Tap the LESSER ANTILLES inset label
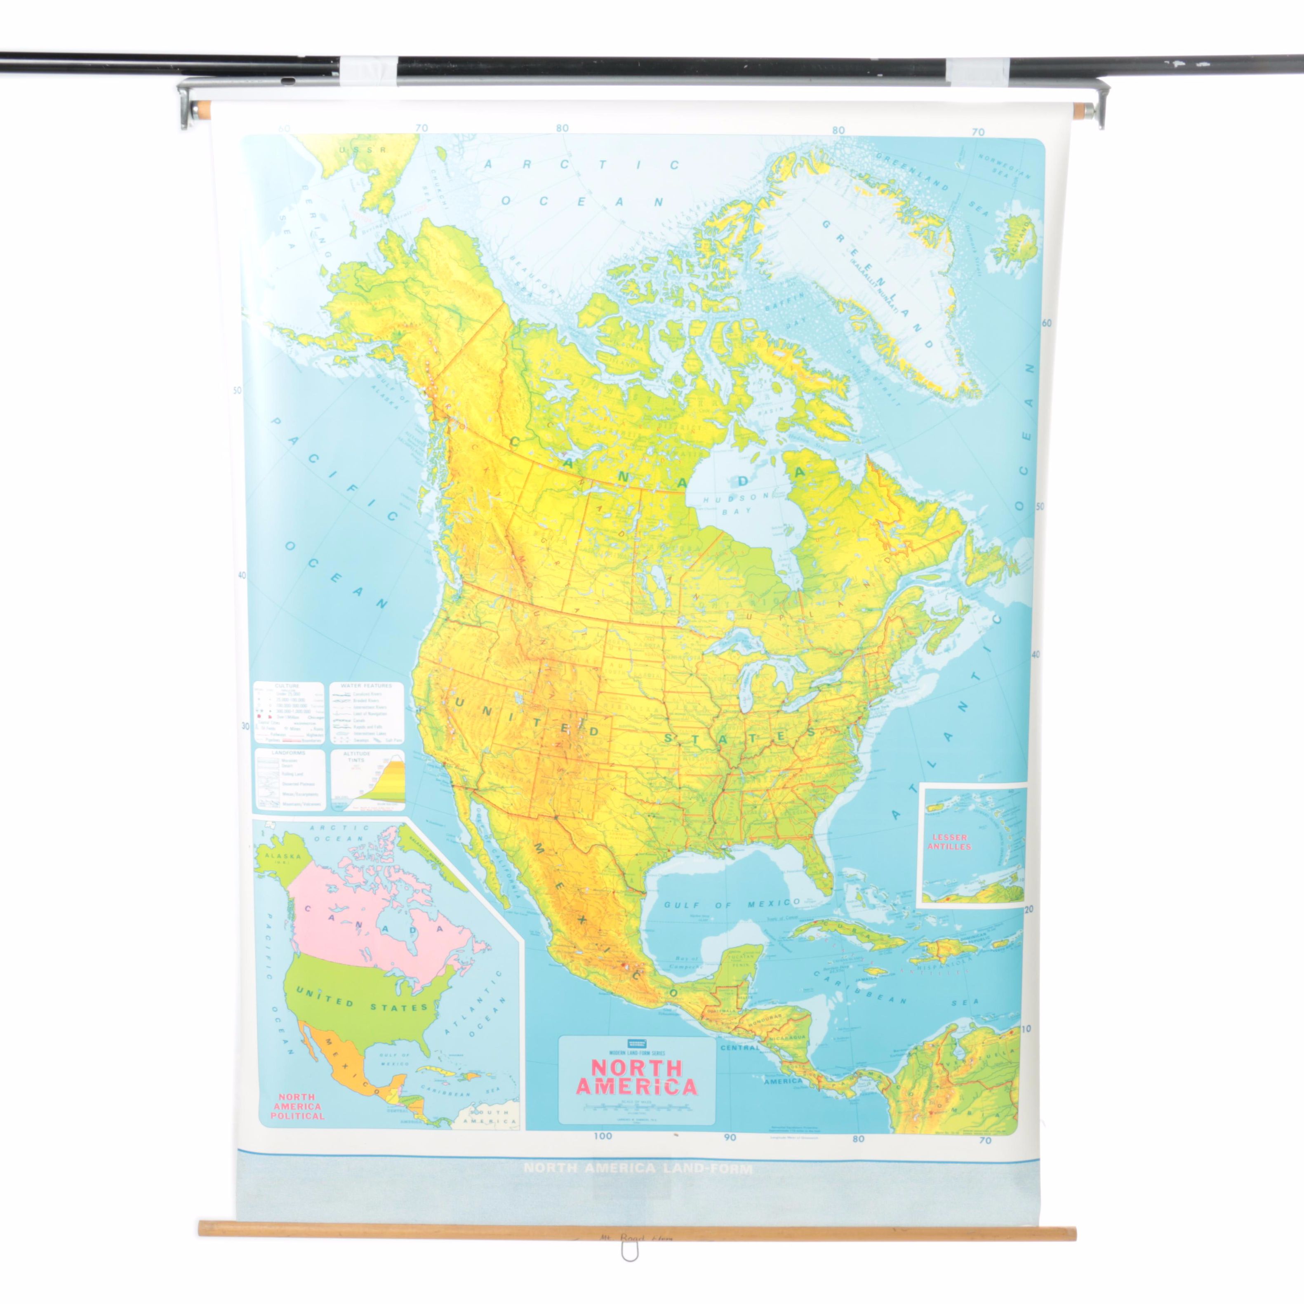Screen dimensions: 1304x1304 tap(950, 842)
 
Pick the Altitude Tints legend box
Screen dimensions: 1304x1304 tap(367, 779)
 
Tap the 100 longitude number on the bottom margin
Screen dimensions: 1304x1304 tap(603, 1136)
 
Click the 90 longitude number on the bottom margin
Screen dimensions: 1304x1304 tap(730, 1137)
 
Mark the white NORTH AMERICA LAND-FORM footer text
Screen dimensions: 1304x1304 tap(638, 1168)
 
